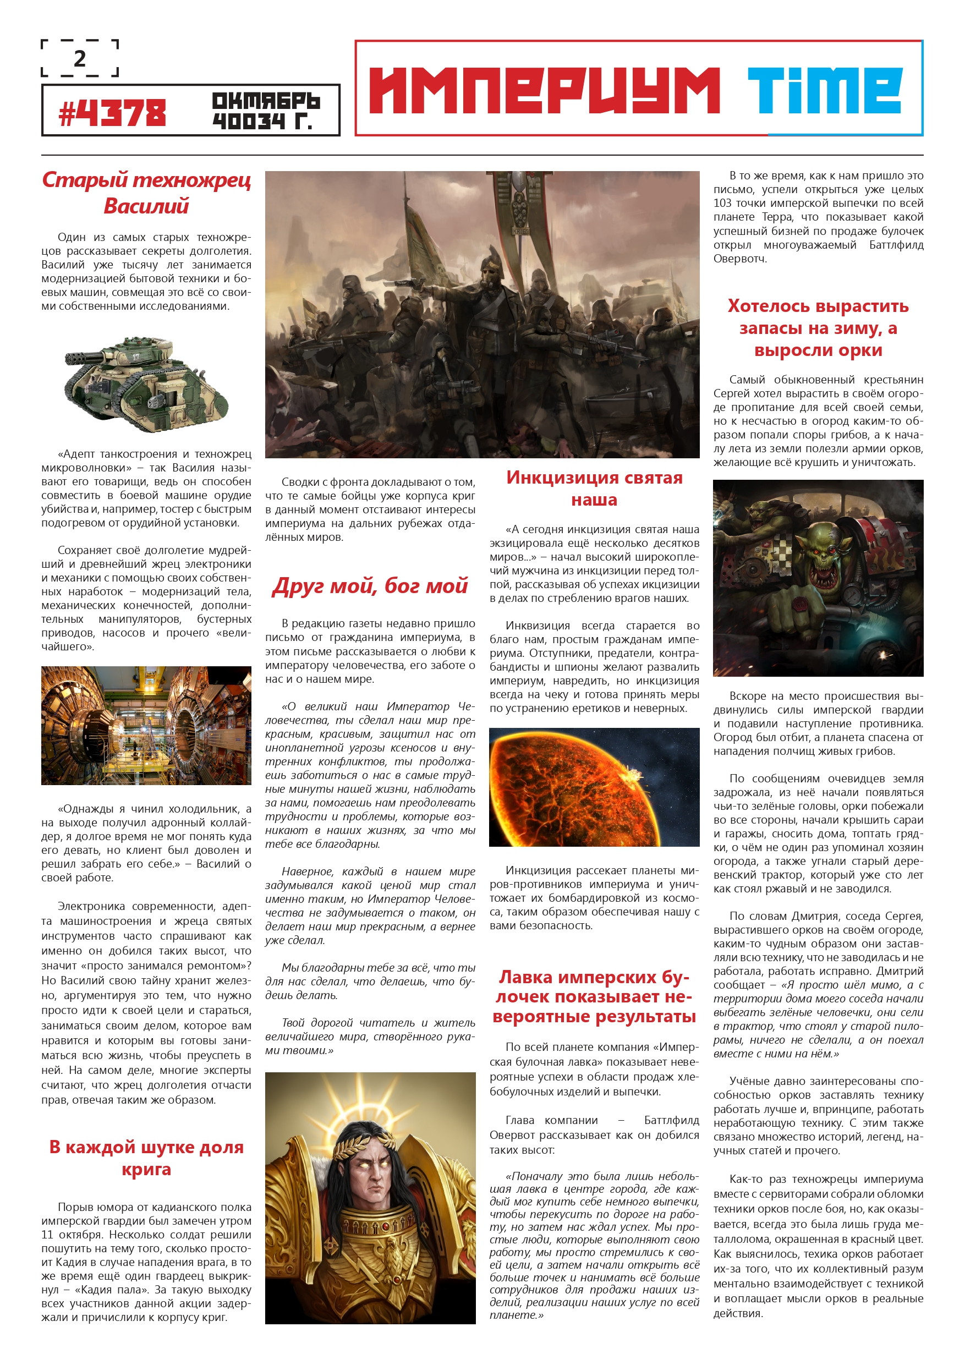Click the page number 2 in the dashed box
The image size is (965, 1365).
point(80,58)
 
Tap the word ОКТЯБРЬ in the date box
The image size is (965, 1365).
point(265,101)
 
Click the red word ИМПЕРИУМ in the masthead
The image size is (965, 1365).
point(544,90)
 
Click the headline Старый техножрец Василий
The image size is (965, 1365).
point(146,192)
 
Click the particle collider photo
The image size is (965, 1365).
point(146,725)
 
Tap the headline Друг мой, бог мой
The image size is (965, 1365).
point(370,585)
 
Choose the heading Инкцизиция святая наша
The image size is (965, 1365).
point(594,488)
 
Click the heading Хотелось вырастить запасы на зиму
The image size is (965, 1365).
point(818,327)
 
